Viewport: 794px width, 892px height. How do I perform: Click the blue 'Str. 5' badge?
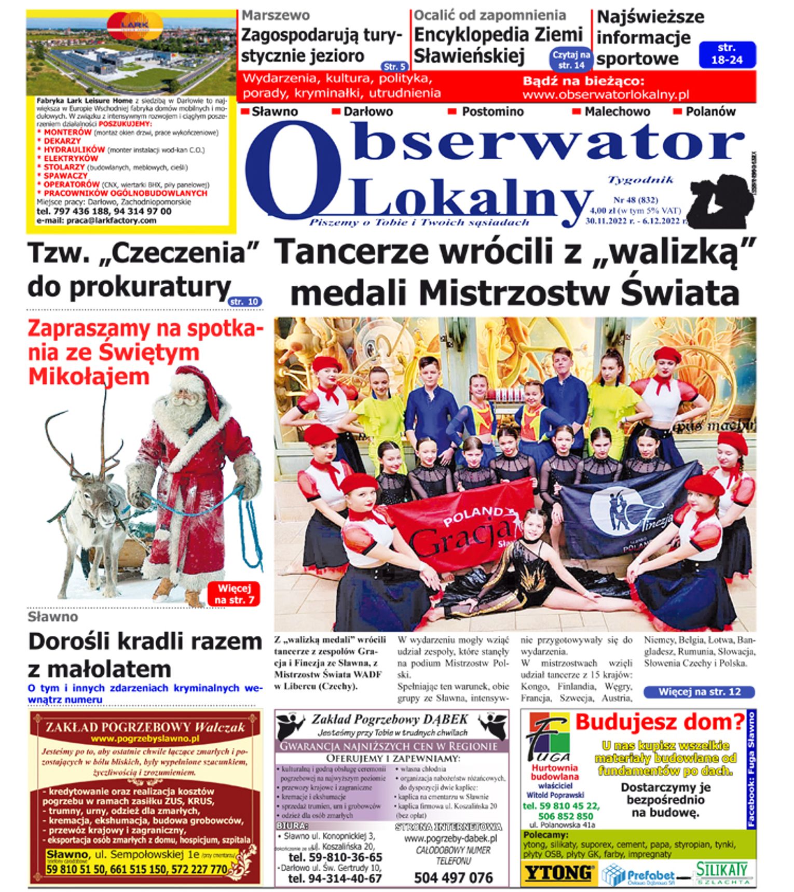coord(394,66)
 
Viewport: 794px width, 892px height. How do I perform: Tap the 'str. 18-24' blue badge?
coord(727,54)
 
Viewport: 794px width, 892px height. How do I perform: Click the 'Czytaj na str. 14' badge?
coord(571,60)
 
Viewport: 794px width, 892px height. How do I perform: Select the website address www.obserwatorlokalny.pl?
coord(606,94)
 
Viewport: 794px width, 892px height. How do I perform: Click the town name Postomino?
coord(492,112)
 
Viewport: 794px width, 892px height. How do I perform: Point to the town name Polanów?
coord(710,112)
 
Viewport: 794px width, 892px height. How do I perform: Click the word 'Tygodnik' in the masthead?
coord(640,180)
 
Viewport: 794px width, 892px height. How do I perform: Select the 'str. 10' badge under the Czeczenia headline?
coord(245,301)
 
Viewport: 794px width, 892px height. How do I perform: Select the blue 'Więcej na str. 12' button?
coord(699,692)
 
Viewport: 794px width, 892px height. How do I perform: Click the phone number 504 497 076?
coord(453,877)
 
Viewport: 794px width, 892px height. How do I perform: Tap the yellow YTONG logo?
coord(558,873)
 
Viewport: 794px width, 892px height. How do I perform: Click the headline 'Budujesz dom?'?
coord(660,722)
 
